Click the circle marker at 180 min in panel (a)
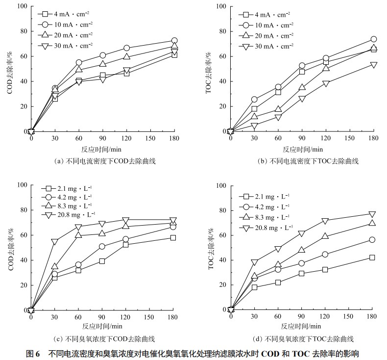(x=174, y=41)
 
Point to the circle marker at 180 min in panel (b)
(x=373, y=39)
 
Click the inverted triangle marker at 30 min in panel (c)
(x=54, y=242)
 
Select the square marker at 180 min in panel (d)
(x=372, y=257)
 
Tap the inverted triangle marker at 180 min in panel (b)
(x=373, y=65)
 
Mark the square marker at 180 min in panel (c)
(x=173, y=237)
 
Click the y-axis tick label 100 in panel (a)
(x=21, y=7)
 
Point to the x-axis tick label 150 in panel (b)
(x=350, y=139)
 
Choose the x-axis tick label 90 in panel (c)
(x=102, y=317)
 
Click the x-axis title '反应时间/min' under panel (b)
(x=303, y=149)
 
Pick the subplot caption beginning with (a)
(x=102, y=161)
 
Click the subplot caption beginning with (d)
(x=302, y=339)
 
